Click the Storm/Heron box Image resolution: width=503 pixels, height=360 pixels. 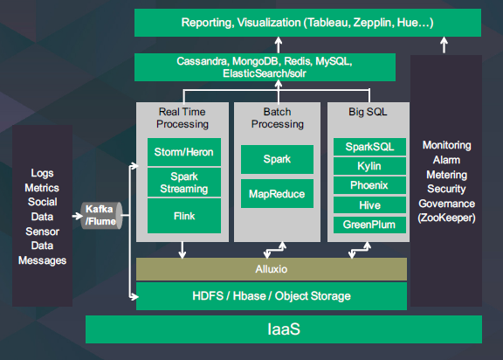[x=184, y=152]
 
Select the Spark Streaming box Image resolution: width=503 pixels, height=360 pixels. [x=184, y=183]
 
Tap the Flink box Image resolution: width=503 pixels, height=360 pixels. [x=184, y=216]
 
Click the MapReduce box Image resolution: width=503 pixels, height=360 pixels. [x=277, y=194]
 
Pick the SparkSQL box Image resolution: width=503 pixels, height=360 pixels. [x=369, y=147]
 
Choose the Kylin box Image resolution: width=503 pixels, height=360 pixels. [x=369, y=166]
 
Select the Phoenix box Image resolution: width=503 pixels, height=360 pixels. [x=369, y=185]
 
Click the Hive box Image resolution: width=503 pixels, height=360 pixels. [x=369, y=205]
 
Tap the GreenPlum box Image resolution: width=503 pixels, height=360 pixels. [x=369, y=225]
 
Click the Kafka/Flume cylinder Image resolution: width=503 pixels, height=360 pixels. [x=101, y=216]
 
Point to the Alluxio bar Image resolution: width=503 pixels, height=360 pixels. [x=272, y=269]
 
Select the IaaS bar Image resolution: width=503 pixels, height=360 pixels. [x=284, y=329]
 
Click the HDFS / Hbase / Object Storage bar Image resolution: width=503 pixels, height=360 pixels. [x=272, y=296]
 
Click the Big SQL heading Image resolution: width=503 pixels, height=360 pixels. [x=368, y=112]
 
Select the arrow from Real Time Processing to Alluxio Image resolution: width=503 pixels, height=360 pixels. [x=183, y=250]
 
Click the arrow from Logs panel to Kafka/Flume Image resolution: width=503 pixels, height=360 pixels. [x=78, y=216]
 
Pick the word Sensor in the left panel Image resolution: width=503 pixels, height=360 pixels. [x=42, y=232]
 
